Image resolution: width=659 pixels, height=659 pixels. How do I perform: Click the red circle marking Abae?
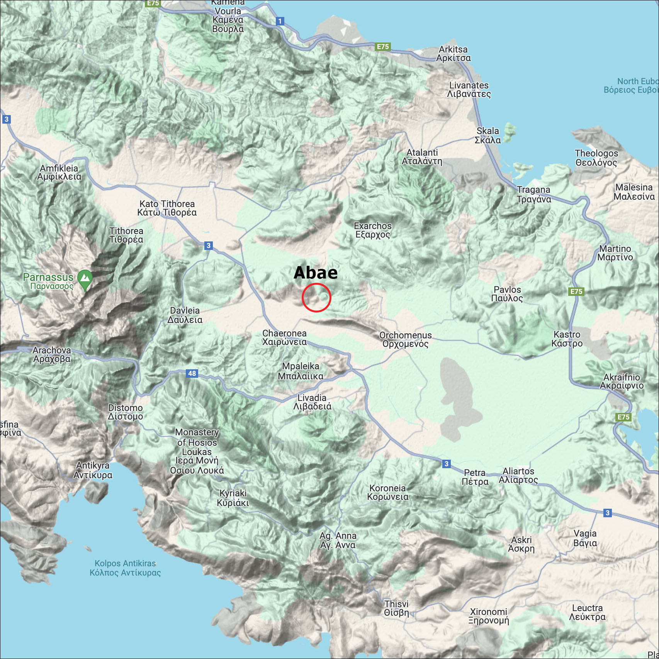pyautogui.click(x=316, y=297)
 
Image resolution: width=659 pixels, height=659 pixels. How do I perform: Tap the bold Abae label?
pyautogui.click(x=316, y=273)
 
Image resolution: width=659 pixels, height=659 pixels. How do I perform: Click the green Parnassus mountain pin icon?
pyautogui.click(x=85, y=279)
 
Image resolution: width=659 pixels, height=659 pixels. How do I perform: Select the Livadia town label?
pyautogui.click(x=312, y=402)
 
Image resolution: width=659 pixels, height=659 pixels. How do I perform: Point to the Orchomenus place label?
pyautogui.click(x=405, y=340)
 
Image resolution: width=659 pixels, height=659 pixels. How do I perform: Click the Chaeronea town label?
pyautogui.click(x=284, y=338)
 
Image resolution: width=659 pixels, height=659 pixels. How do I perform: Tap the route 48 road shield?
pyautogui.click(x=192, y=373)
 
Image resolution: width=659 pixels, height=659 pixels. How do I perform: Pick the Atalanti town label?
pyautogui.click(x=422, y=157)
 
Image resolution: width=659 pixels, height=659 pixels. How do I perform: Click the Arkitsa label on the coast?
pyautogui.click(x=453, y=54)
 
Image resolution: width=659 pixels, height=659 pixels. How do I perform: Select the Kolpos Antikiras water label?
pyautogui.click(x=125, y=568)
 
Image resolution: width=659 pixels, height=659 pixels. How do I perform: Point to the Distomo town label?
pyautogui.click(x=125, y=412)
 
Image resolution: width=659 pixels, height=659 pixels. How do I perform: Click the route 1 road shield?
pyautogui.click(x=280, y=21)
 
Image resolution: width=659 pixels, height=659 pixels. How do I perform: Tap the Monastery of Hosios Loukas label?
pyautogui.click(x=197, y=451)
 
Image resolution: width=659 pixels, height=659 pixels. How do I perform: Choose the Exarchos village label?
pyautogui.click(x=373, y=230)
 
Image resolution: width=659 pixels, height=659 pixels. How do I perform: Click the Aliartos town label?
pyautogui.click(x=518, y=476)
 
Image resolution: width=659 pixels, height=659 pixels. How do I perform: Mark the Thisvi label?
pyautogui.click(x=396, y=608)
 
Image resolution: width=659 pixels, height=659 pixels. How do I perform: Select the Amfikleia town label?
pyautogui.click(x=59, y=172)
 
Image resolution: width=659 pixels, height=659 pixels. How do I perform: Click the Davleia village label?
pyautogui.click(x=185, y=315)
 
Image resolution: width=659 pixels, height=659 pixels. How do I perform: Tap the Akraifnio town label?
pyautogui.click(x=622, y=381)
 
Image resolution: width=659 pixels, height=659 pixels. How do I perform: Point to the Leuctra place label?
pyautogui.click(x=587, y=612)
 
